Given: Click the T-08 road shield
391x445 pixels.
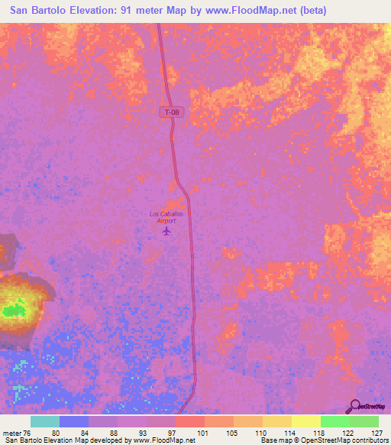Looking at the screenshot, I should click(x=172, y=112).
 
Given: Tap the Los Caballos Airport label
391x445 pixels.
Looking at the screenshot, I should click(x=166, y=216).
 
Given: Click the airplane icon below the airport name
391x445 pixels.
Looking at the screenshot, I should click(x=167, y=231).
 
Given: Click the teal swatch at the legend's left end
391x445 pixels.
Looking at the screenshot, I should click(x=45, y=421).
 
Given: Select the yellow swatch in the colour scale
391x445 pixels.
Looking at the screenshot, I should click(x=305, y=421).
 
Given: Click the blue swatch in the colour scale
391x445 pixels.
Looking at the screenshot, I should click(x=74, y=421).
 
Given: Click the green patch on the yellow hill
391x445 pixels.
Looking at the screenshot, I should click(x=13, y=310).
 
